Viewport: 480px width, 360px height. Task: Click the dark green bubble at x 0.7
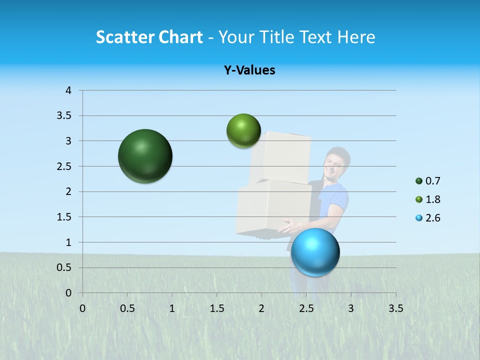145,156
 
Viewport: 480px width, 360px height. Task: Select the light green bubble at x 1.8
243,130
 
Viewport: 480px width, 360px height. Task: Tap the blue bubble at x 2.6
315,252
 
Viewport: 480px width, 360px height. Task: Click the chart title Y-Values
249,70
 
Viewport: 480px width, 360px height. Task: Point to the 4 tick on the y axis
68,90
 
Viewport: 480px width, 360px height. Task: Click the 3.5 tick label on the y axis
65,115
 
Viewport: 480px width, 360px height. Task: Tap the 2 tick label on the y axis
68,191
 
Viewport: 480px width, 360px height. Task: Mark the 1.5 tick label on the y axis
65,217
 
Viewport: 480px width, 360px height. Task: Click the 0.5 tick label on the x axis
127,308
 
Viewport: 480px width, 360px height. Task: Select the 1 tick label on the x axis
172,308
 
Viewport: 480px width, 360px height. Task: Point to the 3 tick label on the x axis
351,308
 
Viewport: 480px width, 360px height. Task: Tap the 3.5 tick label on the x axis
395,308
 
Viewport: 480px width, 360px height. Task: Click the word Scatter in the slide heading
124,37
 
